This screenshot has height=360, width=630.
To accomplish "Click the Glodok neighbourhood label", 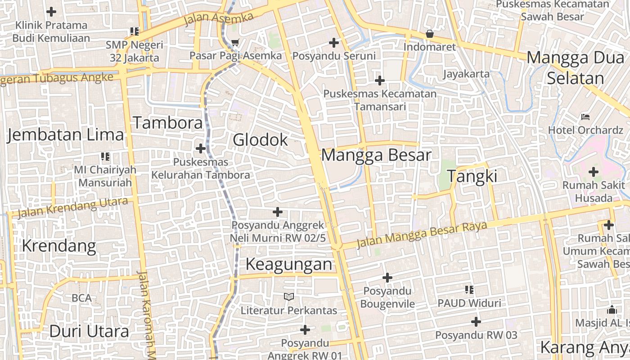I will [x=260, y=140].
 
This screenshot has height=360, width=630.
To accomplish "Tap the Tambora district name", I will [x=168, y=122].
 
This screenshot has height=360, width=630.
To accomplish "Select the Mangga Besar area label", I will [x=376, y=155].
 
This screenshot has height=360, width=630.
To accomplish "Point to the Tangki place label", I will [x=472, y=176].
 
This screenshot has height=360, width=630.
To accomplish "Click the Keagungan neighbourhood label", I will [x=289, y=264].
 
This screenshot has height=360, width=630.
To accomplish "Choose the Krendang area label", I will [x=59, y=246].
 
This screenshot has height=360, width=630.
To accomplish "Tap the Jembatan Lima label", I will [x=66, y=135].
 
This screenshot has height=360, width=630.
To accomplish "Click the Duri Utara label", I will [x=89, y=331].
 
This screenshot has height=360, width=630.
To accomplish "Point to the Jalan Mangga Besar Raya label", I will [x=422, y=234].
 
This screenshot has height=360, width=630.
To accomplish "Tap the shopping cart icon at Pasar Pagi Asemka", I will [x=235, y=43].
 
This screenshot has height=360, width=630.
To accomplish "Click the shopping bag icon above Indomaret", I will [x=430, y=34].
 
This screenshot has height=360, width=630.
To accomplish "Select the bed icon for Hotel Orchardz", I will [x=585, y=117].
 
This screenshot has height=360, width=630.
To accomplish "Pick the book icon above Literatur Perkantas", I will [x=288, y=297].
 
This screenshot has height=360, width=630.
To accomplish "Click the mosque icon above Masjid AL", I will [x=612, y=310].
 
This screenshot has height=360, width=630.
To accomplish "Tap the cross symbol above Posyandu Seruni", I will [x=334, y=43].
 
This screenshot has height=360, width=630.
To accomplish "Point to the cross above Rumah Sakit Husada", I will [x=594, y=171].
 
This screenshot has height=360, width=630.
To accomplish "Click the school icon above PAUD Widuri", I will [x=469, y=290].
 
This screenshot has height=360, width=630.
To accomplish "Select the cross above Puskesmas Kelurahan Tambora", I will [x=201, y=148].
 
